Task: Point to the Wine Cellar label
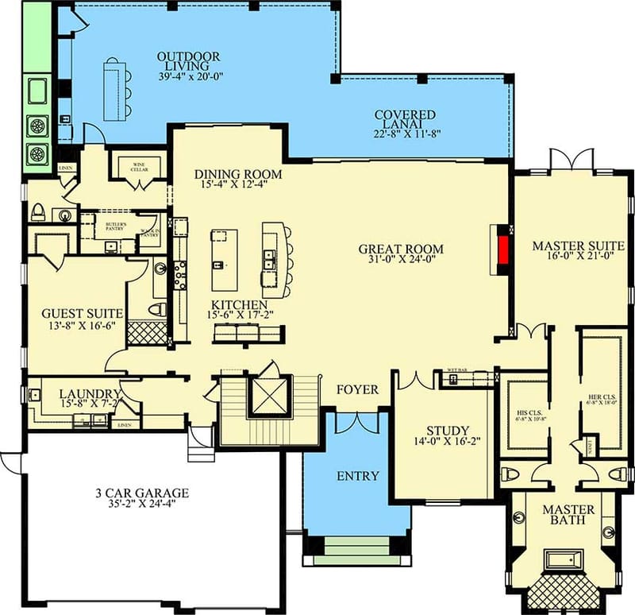[140, 168]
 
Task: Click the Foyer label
[357, 389]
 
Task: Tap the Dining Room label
[238, 174]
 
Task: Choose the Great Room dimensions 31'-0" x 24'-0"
[400, 261]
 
